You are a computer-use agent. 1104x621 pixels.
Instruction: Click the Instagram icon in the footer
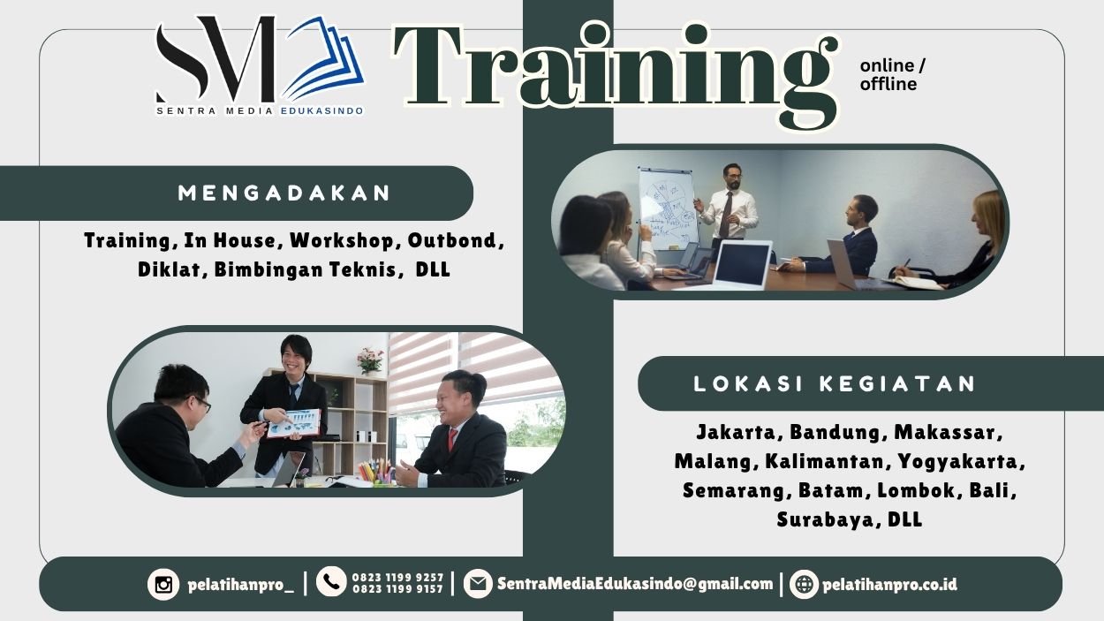click(x=163, y=584)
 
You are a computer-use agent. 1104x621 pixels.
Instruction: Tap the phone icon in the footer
click(x=331, y=581)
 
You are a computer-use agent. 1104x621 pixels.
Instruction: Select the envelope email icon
click(x=478, y=583)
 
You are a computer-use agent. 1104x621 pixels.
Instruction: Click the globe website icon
click(x=804, y=584)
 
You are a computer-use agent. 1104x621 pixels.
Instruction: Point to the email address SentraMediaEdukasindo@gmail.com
click(x=634, y=583)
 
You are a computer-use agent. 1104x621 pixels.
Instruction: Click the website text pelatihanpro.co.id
click(x=888, y=584)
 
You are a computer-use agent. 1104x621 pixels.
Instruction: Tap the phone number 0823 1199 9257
click(x=397, y=578)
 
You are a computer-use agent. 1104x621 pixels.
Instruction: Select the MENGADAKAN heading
click(x=284, y=193)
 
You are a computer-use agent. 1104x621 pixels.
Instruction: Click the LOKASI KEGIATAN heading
click(x=835, y=383)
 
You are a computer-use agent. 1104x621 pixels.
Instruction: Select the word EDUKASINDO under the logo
click(x=321, y=111)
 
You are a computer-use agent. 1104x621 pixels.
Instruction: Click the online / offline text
click(x=893, y=75)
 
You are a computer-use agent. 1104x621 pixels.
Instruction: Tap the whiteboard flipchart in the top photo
click(x=668, y=205)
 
